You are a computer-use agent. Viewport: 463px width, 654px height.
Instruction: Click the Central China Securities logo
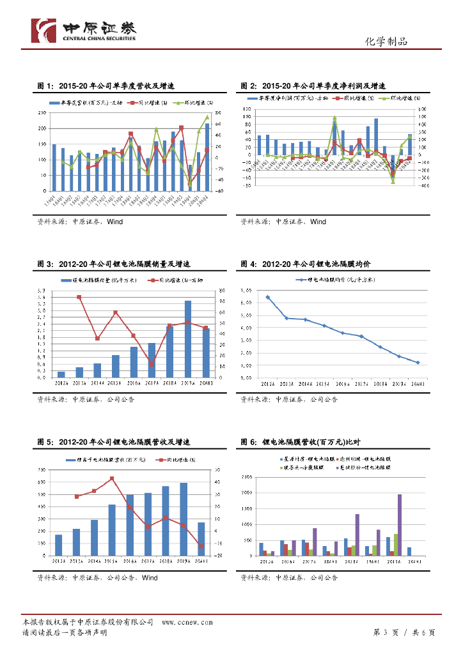pyautogui.click(x=84, y=29)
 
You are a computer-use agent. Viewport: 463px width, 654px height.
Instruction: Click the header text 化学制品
pyautogui.click(x=386, y=42)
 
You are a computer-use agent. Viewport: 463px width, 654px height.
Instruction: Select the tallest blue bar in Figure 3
pyautogui.click(x=188, y=338)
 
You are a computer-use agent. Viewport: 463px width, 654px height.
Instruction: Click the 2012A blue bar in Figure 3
pyautogui.click(x=61, y=374)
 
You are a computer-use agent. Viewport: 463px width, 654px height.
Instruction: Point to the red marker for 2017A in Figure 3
pyautogui.click(x=152, y=364)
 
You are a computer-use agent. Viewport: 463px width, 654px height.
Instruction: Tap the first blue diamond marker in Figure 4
pyautogui.click(x=268, y=297)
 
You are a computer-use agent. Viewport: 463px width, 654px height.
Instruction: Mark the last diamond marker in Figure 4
pyautogui.click(x=418, y=363)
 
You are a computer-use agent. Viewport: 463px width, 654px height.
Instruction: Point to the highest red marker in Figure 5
pyautogui.click(x=112, y=478)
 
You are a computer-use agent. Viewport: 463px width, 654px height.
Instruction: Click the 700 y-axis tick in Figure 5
pyautogui.click(x=42, y=470)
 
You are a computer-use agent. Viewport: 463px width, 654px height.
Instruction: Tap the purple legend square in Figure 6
pyautogui.click(x=338, y=468)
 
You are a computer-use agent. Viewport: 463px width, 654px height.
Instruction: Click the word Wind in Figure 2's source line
pyautogui.click(x=318, y=222)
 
